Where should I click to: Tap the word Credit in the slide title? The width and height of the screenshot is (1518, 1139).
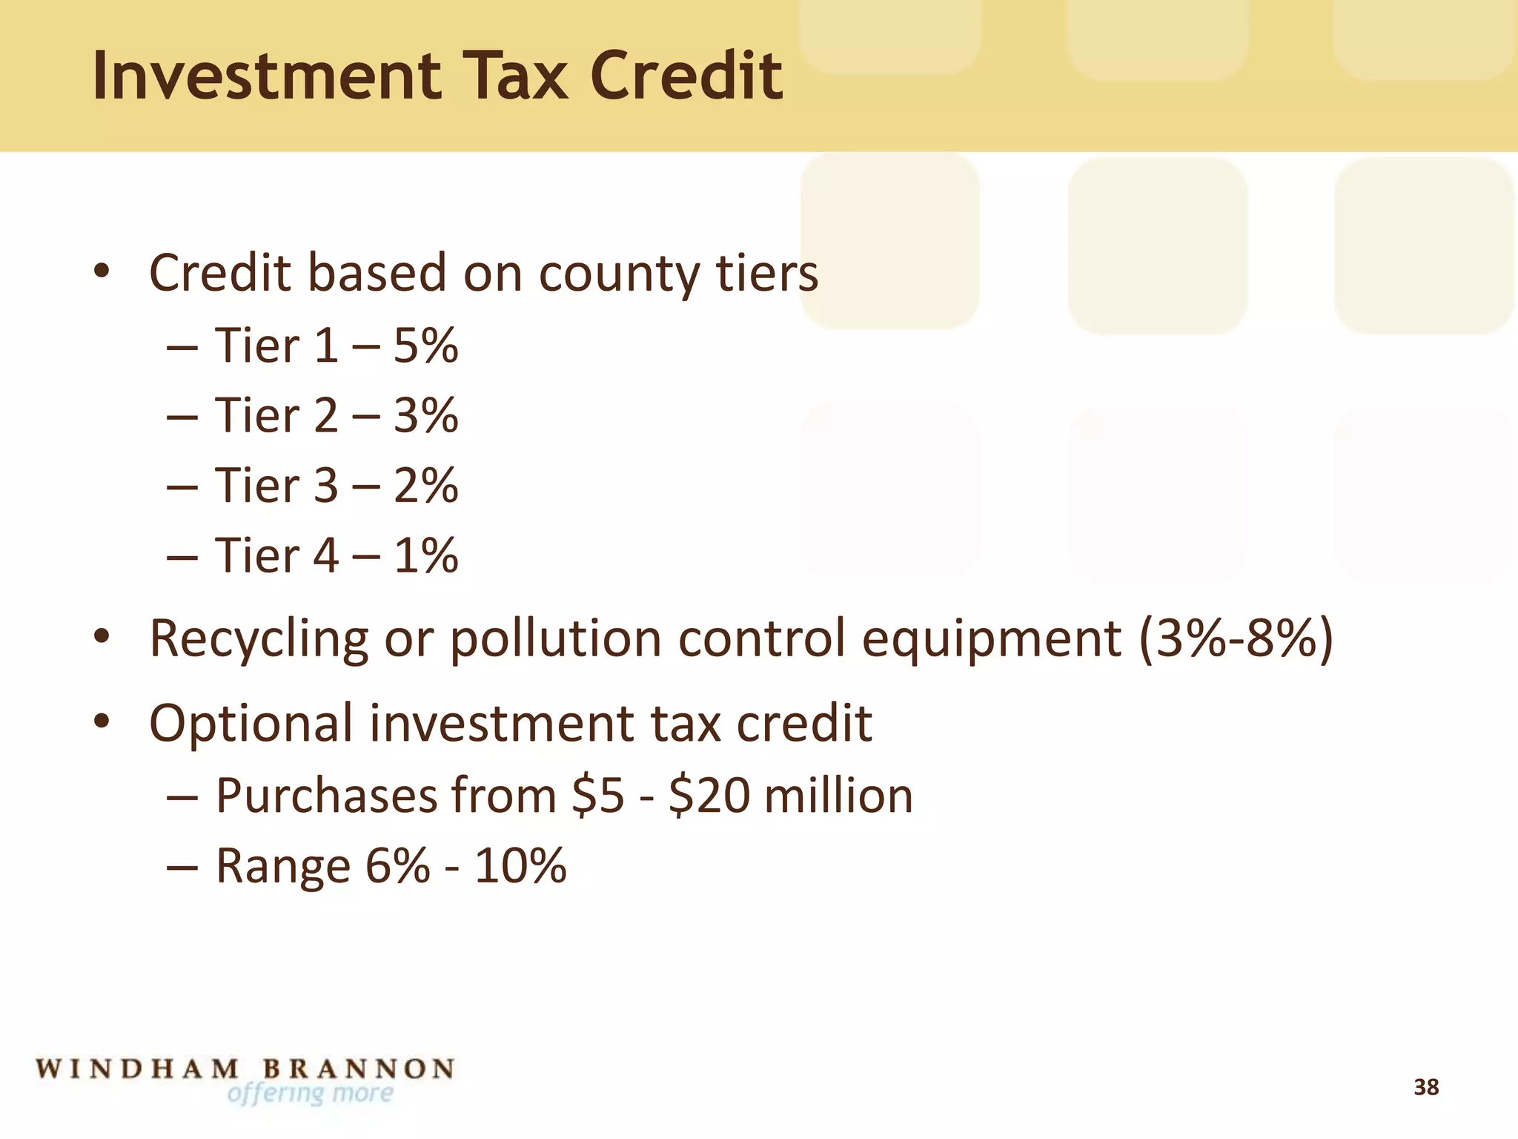click(686, 76)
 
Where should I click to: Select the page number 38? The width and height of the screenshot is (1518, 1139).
click(1425, 1087)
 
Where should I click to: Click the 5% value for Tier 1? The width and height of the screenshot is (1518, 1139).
click(425, 346)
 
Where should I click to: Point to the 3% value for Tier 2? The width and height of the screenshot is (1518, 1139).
click(425, 415)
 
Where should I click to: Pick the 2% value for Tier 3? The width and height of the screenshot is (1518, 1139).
click(425, 486)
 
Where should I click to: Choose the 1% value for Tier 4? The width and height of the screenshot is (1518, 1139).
click(425, 555)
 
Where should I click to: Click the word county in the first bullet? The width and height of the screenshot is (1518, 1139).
click(618, 274)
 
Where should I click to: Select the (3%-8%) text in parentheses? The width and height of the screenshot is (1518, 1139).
click(1236, 638)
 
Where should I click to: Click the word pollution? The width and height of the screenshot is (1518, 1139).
click(555, 638)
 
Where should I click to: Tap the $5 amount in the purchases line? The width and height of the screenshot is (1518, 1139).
click(598, 796)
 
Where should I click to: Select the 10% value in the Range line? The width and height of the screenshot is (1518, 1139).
click(520, 865)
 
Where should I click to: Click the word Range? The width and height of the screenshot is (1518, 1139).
click(282, 867)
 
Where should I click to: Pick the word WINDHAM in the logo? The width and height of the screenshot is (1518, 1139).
click(138, 1069)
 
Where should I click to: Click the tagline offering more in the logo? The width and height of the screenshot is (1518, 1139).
click(310, 1094)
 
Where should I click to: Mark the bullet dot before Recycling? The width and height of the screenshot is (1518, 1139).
click(102, 636)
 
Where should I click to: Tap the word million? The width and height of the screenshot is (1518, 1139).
click(838, 796)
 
